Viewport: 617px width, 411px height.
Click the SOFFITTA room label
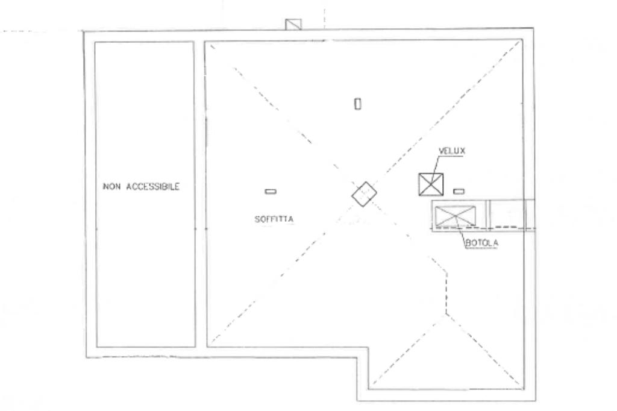(x=274, y=219)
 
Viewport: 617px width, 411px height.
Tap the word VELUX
(x=451, y=151)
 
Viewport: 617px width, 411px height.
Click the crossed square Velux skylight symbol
(x=431, y=184)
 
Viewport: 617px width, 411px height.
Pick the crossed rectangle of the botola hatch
(x=455, y=217)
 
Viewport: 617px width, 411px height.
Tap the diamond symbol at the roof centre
(x=365, y=194)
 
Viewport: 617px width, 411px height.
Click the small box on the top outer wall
(x=293, y=24)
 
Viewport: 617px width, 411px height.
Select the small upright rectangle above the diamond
(x=357, y=104)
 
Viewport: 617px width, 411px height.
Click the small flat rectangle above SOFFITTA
(x=271, y=192)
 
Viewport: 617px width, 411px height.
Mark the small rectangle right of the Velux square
(x=459, y=191)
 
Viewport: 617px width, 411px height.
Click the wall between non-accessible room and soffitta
(x=200, y=193)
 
